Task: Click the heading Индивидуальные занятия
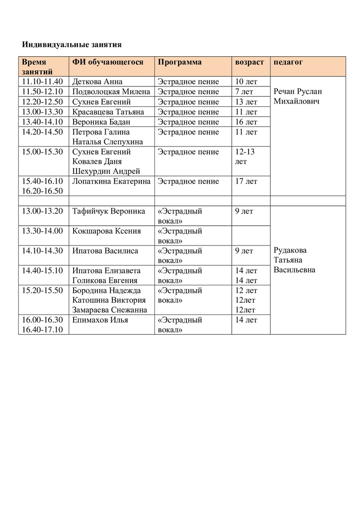[72, 45]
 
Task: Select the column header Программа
[180, 62]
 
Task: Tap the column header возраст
[249, 62]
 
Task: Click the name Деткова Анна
[98, 82]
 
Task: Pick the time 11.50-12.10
[42, 92]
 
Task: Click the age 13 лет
[246, 102]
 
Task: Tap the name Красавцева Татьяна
[109, 112]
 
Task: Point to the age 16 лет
[246, 122]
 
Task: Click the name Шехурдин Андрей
[106, 171]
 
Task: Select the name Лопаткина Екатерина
[112, 181]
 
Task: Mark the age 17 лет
[246, 181]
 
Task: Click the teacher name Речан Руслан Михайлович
[298, 97]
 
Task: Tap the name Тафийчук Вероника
[109, 211]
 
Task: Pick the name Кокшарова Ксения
[107, 231]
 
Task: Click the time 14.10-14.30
[42, 251]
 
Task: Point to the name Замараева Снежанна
[110, 310]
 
